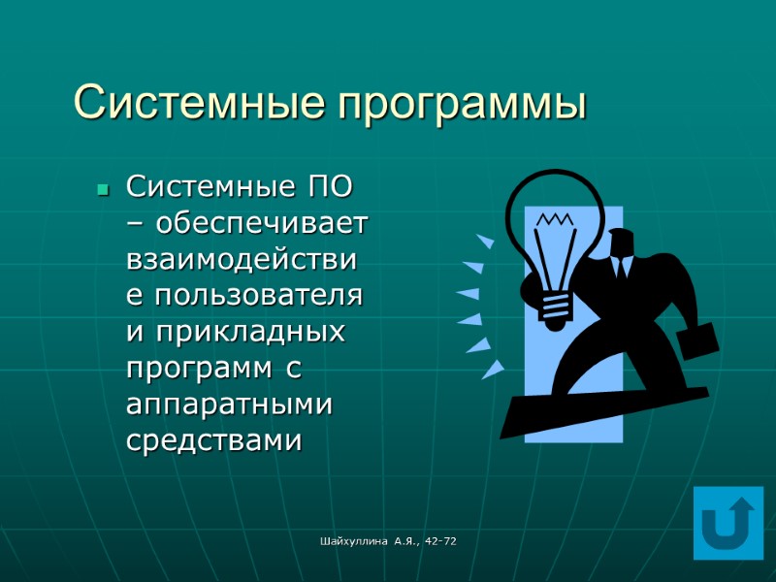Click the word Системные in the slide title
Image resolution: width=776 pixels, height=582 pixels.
click(200, 103)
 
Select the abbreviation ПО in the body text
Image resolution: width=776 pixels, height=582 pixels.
click(331, 185)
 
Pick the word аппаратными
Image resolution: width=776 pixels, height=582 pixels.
click(230, 404)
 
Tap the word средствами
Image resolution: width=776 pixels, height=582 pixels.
click(214, 440)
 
